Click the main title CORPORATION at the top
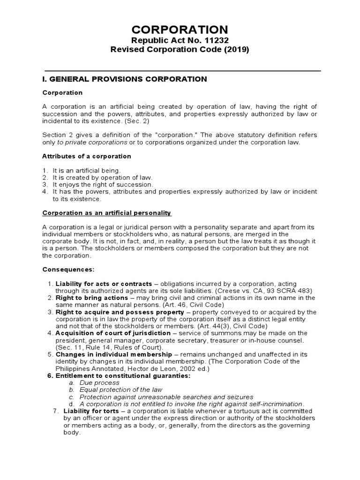point(180,29)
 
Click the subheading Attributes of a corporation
point(87,156)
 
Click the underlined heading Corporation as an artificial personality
point(107,213)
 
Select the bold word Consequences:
point(68,270)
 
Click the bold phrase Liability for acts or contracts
point(104,284)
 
